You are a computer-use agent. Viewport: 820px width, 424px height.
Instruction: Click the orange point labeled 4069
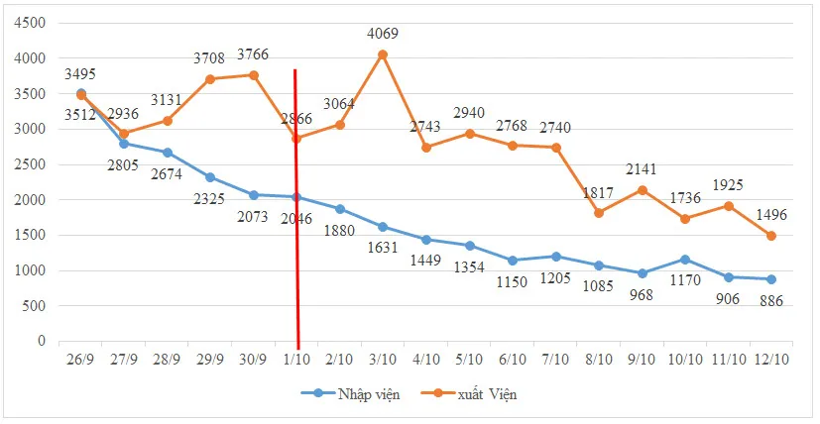click(x=383, y=54)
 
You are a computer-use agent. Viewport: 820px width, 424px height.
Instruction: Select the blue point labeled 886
click(x=770, y=279)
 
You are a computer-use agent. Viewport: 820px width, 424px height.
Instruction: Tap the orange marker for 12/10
click(x=770, y=236)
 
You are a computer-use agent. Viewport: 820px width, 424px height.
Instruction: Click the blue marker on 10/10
click(x=684, y=260)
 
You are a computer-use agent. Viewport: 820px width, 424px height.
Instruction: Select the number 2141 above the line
click(x=642, y=169)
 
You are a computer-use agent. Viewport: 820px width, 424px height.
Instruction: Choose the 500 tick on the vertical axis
click(x=36, y=306)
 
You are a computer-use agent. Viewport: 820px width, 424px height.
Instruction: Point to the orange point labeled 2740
click(x=555, y=148)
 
